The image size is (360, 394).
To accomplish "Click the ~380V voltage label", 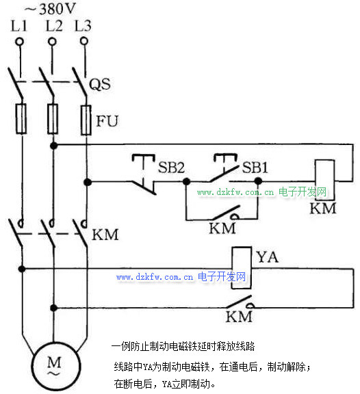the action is point(50,8).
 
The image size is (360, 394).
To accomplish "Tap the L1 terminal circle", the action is point(19,41).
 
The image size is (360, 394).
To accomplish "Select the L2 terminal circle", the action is point(52,41).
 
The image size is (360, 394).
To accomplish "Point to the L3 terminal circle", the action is point(84,41).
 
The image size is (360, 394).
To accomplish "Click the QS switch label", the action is point(100,84).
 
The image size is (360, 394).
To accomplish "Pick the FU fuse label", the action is point(107,121).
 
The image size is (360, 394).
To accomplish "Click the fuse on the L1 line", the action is point(21,118).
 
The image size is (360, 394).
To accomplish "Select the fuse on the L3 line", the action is point(86,120).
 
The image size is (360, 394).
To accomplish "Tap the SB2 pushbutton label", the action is point(172,167).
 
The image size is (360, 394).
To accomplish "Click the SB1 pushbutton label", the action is point(255,167).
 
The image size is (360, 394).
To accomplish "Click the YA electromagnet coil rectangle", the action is point(242,268).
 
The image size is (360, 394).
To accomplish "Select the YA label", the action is point(268,257).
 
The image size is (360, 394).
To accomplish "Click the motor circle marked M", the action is point(56,366).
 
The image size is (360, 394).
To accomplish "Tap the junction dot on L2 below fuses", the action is point(53,146).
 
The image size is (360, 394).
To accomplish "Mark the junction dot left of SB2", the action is point(88,182).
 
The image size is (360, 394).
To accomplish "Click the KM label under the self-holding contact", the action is point(222,228).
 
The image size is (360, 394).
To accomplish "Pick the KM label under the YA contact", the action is point(239,317).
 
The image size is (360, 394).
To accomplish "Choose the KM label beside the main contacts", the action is point(105,235).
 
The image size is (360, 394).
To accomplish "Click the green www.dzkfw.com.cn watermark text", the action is point(235,192).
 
